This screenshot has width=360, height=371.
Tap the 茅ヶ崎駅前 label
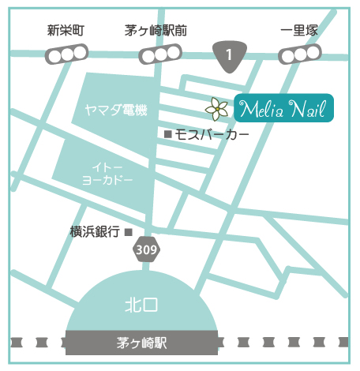[157, 31]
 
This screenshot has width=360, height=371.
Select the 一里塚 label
[299, 31]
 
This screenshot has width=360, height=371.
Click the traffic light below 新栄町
[66, 54]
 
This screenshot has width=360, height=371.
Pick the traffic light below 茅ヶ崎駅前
[160, 55]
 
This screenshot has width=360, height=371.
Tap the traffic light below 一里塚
[301, 54]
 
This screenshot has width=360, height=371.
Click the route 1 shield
[229, 55]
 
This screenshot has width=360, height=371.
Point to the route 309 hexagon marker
[146, 249]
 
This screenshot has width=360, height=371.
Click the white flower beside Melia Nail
[215, 107]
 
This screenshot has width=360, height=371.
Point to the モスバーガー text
[212, 135]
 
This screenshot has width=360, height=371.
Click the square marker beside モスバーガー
[167, 135]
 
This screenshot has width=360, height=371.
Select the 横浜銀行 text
[94, 231]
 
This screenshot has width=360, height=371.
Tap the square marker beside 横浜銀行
[129, 231]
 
